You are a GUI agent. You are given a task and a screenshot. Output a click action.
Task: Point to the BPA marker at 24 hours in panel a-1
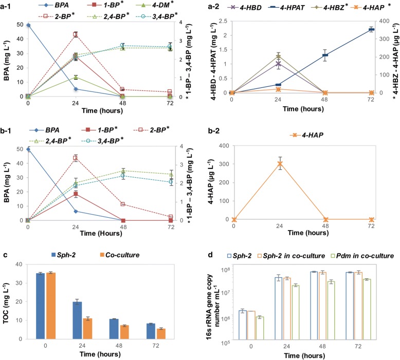click(x=75, y=89)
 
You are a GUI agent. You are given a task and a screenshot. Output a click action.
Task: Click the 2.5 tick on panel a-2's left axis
click(x=223, y=21)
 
